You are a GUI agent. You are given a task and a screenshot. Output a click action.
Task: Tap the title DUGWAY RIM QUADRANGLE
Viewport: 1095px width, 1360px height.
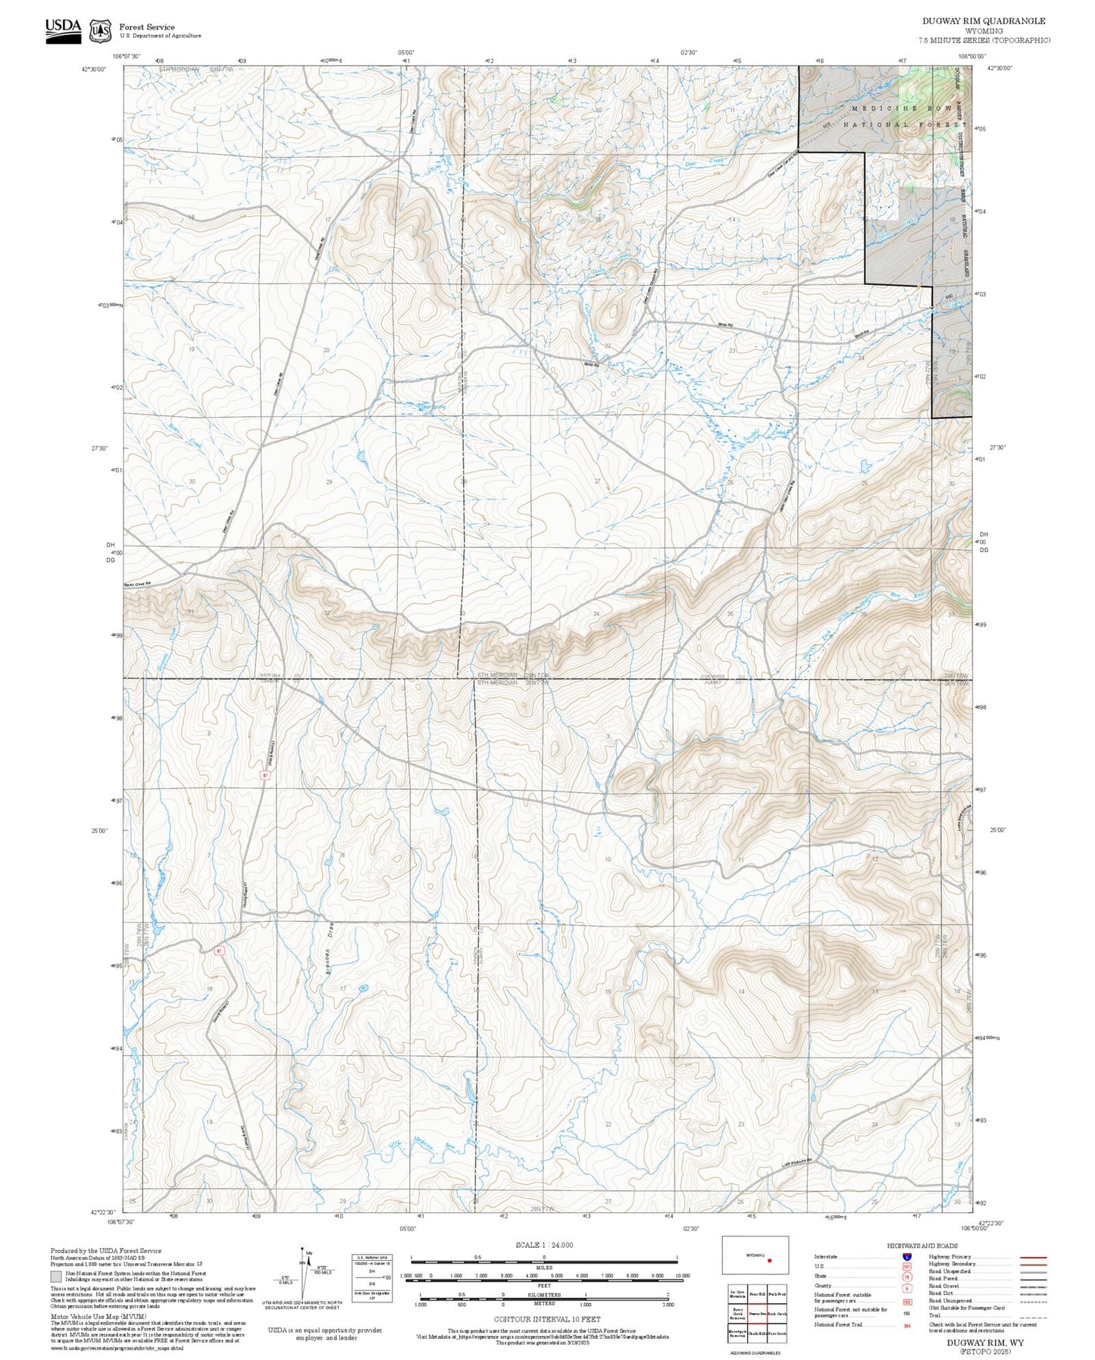[984, 21]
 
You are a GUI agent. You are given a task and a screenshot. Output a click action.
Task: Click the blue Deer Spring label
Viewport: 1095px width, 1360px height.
[433, 407]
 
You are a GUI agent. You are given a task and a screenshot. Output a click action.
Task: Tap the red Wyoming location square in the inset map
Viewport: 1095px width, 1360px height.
[770, 1261]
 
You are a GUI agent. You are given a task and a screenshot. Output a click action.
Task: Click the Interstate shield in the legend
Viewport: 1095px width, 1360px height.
[906, 1256]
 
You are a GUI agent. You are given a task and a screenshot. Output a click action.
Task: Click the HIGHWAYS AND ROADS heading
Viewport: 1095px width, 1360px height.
[921, 1246]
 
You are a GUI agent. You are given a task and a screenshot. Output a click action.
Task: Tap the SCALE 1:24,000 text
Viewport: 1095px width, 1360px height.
[543, 1245]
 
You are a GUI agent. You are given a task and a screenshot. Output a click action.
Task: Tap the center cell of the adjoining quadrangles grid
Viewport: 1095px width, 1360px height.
[757, 1313]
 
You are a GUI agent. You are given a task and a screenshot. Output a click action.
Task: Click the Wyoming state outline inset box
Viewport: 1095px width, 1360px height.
[755, 1255]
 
